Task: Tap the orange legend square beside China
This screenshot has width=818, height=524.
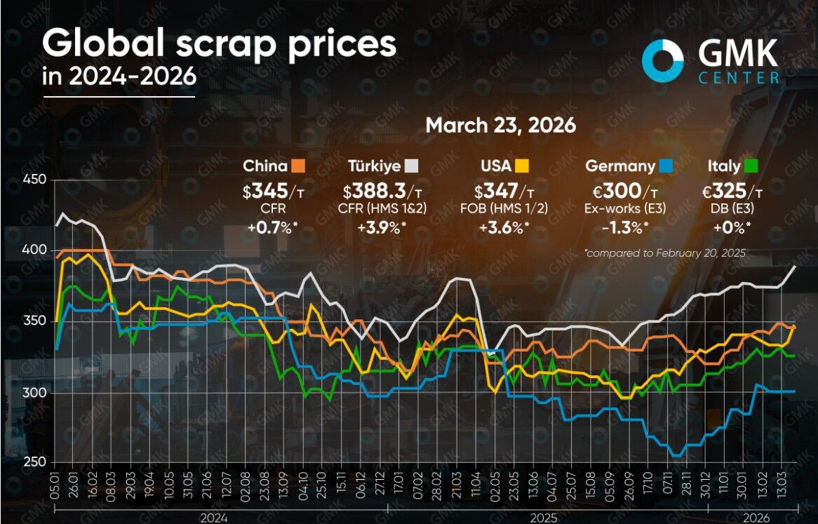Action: [298, 166]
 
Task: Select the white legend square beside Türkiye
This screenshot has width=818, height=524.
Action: [411, 166]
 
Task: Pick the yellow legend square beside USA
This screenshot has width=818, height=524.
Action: [522, 166]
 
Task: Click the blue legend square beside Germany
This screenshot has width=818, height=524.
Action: [666, 166]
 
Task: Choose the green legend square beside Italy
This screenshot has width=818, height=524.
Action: [751, 166]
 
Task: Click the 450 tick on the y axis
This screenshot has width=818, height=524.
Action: [35, 180]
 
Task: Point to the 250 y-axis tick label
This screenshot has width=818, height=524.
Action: [35, 462]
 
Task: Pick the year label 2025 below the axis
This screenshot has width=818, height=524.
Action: [543, 518]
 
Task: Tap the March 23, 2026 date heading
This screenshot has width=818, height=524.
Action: [501, 126]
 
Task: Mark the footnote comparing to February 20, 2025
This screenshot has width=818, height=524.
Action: [665, 253]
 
